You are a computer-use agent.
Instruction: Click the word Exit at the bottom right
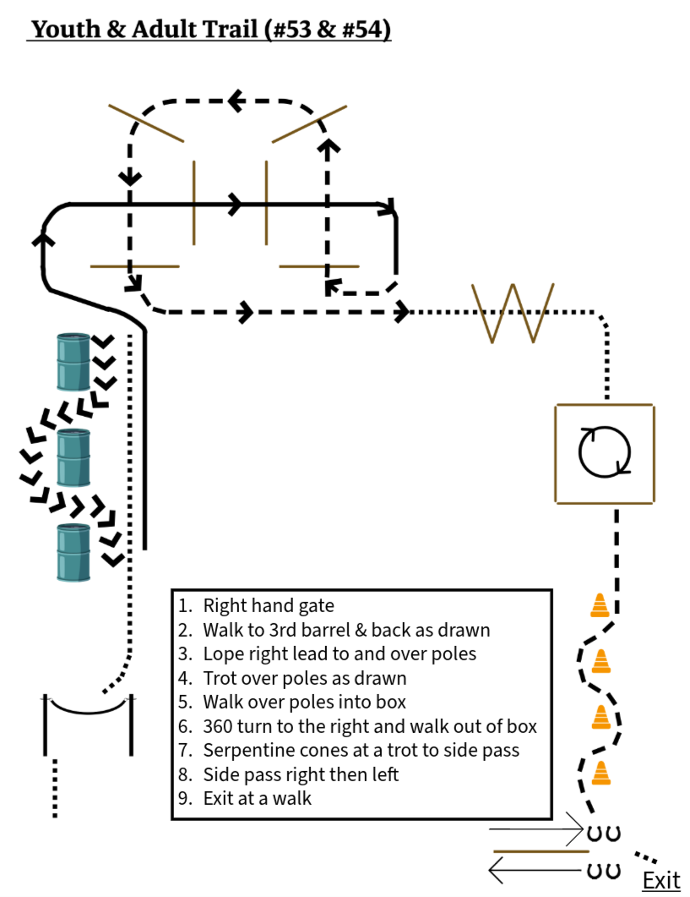(x=661, y=880)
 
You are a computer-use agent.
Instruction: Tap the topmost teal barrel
(x=73, y=362)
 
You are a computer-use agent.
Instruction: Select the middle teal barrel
(x=73, y=457)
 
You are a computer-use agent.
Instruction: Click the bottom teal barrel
(x=73, y=553)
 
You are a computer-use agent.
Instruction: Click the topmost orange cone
(x=600, y=605)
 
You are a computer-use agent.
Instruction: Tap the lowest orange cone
(x=600, y=773)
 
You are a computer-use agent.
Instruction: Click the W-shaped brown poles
(x=513, y=313)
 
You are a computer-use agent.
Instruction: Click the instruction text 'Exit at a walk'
(x=258, y=798)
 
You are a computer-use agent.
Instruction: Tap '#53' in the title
(x=291, y=30)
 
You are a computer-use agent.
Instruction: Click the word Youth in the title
(x=65, y=30)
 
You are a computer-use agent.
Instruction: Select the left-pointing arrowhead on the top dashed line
(x=236, y=101)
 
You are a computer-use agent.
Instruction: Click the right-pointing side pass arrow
(x=537, y=829)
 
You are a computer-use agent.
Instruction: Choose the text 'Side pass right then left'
(x=301, y=774)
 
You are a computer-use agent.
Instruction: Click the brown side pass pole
(x=541, y=851)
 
